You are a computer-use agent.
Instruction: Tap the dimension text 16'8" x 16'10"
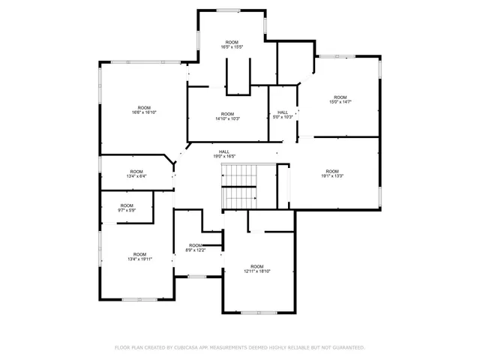(x=144, y=110)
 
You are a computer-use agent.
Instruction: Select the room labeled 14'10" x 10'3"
(x=227, y=116)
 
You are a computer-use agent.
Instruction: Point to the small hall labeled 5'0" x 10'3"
(x=283, y=114)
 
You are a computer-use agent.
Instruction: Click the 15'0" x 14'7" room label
(x=340, y=100)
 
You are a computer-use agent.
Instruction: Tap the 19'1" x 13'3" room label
(x=332, y=173)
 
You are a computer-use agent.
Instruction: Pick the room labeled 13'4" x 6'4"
(x=136, y=174)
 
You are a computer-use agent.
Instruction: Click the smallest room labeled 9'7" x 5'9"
(x=127, y=208)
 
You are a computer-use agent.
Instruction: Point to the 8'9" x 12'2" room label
(x=196, y=247)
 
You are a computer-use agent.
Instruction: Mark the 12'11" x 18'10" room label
(x=257, y=268)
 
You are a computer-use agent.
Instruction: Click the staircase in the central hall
(x=240, y=187)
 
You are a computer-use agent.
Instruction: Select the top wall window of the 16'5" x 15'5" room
(x=229, y=9)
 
